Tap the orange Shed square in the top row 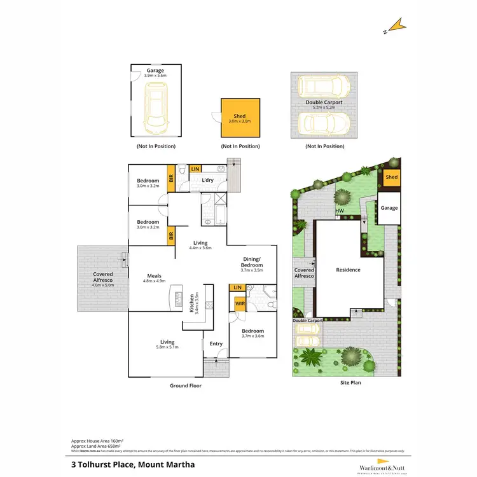point(240,118)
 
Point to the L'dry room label point(207,181)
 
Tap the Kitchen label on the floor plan point(192,303)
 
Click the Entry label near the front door point(216,344)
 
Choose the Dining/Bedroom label point(252,263)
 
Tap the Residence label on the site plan point(348,270)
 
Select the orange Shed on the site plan point(392,177)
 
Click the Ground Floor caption point(186,386)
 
